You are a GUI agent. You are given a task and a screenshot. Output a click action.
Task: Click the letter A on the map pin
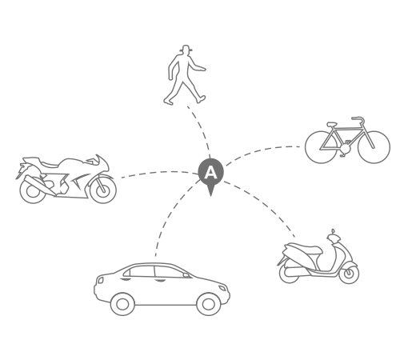[x=210, y=173]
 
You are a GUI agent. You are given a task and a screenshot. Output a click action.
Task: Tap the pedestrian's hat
[x=186, y=49]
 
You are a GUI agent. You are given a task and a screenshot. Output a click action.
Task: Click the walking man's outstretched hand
[x=202, y=69]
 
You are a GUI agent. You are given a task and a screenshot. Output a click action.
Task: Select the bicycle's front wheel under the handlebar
[x=374, y=147]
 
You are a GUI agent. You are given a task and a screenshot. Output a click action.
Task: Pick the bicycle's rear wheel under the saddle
[x=322, y=147]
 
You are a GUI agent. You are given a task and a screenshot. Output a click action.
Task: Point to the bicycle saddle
[x=332, y=124]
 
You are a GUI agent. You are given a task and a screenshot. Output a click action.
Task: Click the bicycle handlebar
[x=358, y=119]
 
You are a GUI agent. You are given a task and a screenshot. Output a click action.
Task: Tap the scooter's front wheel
[x=349, y=273]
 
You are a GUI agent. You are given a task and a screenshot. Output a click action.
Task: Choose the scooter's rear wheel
[x=289, y=274]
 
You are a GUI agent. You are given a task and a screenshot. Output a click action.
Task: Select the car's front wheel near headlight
[x=209, y=304]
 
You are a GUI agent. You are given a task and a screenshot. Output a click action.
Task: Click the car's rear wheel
[x=122, y=304]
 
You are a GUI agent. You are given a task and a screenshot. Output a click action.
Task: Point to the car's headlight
[x=222, y=288]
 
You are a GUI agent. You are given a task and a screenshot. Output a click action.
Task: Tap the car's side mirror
[x=186, y=275]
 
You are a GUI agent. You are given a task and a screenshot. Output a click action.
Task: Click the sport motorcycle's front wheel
[x=103, y=189]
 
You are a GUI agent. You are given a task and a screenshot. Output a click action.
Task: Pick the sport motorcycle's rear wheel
[x=33, y=190]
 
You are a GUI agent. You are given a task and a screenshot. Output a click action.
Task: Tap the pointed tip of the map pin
[x=211, y=196]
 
